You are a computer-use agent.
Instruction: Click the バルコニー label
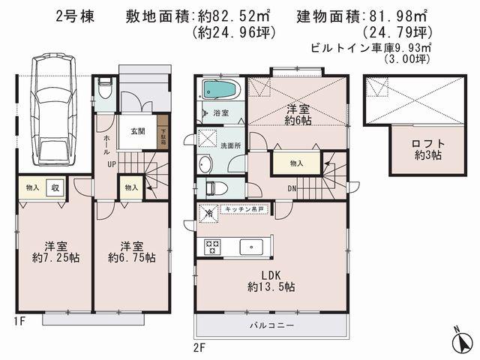click(271, 326)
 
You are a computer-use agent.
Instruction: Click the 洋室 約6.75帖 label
click(131, 251)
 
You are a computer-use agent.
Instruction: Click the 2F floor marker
click(199, 347)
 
